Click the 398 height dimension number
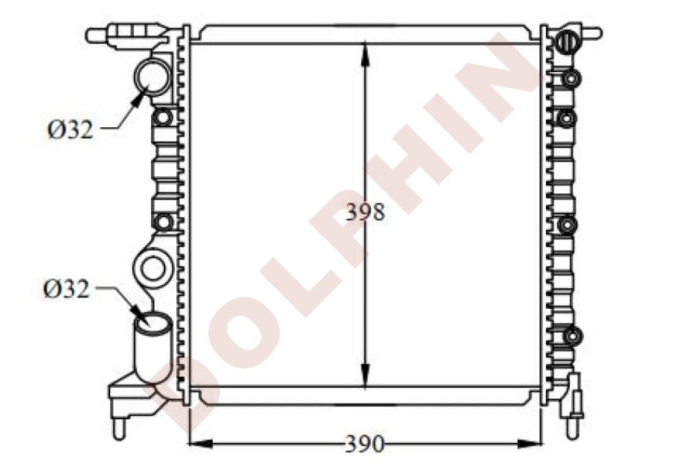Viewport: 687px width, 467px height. click(x=365, y=212)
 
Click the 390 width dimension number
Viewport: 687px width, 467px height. click(x=364, y=444)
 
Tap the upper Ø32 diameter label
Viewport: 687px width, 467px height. click(x=70, y=129)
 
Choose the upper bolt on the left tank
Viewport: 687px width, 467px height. click(x=163, y=117)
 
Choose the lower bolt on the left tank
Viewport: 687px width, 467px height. click(x=164, y=222)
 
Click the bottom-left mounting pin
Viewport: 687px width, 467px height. click(x=119, y=427)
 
